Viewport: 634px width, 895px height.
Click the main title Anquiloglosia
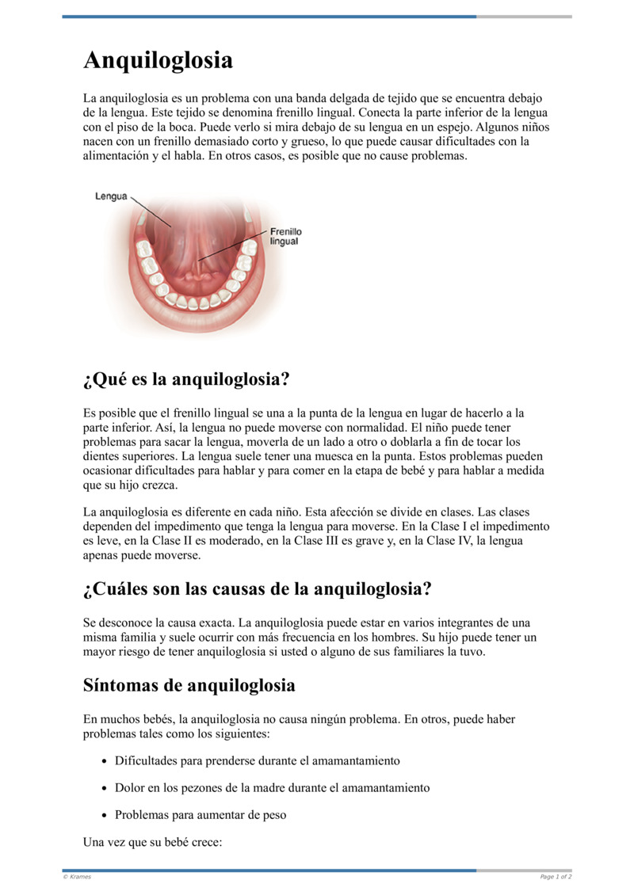tap(158, 60)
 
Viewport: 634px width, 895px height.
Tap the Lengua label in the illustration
tap(111, 196)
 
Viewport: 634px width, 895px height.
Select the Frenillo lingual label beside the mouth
tap(285, 236)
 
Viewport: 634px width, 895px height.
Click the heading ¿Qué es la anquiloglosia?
tap(186, 379)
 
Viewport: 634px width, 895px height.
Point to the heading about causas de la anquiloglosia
tap(257, 589)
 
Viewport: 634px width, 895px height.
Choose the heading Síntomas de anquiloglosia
tap(189, 685)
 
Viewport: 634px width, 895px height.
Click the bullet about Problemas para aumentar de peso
tap(201, 814)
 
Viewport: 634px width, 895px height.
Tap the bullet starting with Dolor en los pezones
tap(272, 787)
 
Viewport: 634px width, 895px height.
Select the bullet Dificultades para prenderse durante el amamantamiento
tap(257, 760)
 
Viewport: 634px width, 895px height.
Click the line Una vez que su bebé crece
tap(152, 842)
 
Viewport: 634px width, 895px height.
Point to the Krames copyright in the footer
tap(77, 877)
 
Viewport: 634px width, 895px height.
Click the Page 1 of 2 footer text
tap(556, 877)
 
